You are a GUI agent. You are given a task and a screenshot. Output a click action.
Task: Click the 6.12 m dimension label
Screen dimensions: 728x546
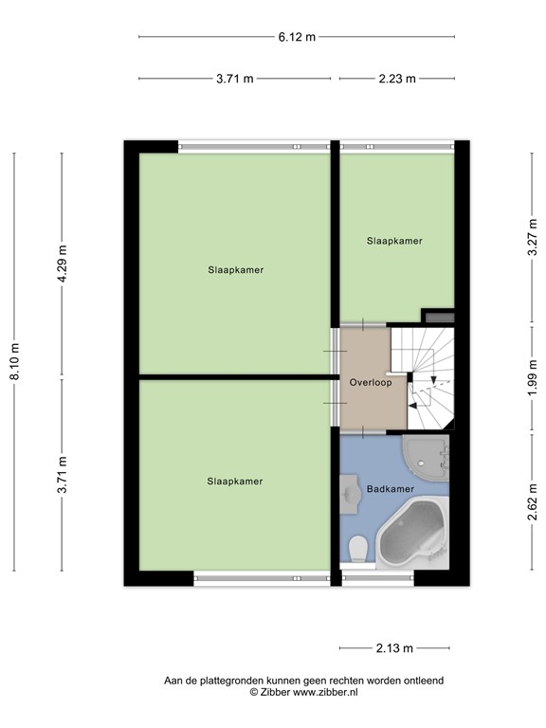click(x=297, y=37)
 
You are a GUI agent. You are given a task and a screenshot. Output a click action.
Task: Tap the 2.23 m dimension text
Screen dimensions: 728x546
click(x=397, y=79)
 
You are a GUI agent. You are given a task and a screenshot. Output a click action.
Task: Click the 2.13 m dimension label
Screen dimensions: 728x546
click(x=394, y=648)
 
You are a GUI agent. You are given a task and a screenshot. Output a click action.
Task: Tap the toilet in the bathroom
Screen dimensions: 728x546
click(x=358, y=548)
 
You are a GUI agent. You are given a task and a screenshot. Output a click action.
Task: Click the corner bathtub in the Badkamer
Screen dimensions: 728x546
click(x=412, y=533)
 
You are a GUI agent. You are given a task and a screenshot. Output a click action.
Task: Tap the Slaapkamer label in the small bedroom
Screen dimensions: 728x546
click(x=394, y=241)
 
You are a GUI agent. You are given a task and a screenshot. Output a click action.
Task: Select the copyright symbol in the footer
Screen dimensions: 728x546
click(x=254, y=693)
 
